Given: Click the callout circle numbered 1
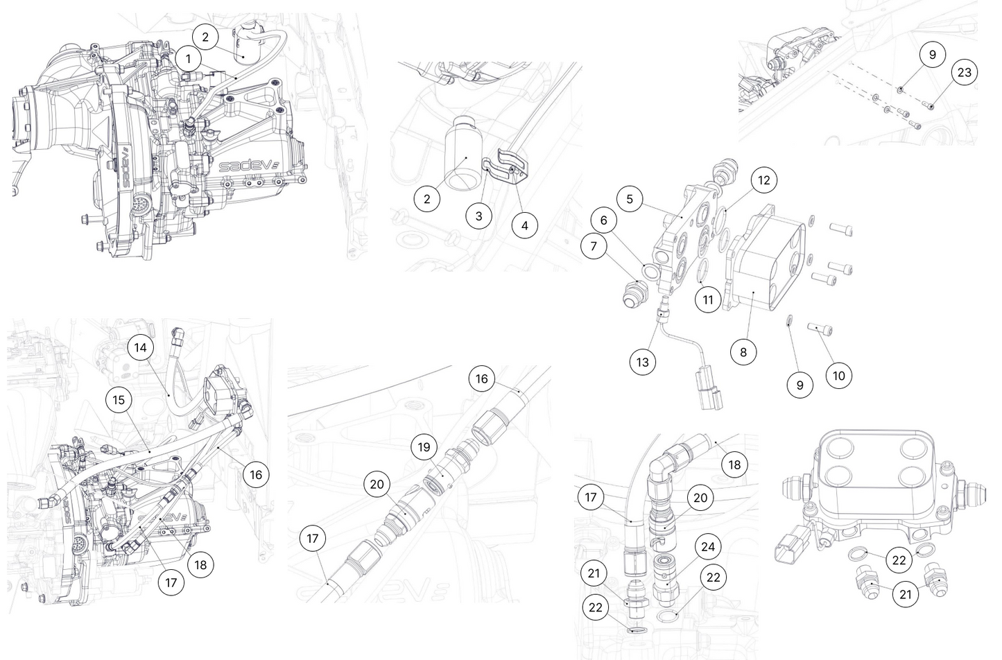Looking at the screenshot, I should [188, 58].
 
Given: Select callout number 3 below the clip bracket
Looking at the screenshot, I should [478, 216].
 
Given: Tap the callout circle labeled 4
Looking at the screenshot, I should [524, 225].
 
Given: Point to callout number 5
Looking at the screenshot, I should [630, 200].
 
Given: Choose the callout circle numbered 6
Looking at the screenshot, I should [604, 220].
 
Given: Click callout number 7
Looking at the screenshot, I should [594, 246].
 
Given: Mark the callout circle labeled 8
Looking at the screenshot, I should [743, 351].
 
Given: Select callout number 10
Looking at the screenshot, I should [838, 376].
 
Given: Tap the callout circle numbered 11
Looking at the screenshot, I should [708, 299].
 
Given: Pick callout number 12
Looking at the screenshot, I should [763, 180].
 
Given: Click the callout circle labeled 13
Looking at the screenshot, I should [643, 362].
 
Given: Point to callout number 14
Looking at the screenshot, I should [141, 347].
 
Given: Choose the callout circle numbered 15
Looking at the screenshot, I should [119, 400].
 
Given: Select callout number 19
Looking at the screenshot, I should [424, 447].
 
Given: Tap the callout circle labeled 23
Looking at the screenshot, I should [964, 72].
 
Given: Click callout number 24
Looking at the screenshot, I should [707, 546].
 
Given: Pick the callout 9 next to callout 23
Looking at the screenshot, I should [932, 55].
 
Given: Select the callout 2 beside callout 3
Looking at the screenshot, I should [426, 199].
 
